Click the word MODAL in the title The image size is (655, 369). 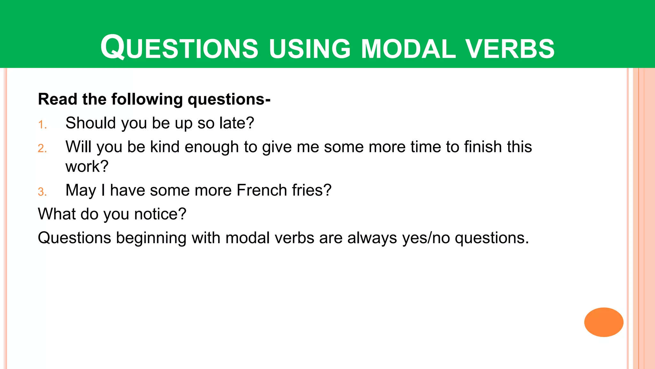tap(408, 49)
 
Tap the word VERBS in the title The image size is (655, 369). tap(510, 49)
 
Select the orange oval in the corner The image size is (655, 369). tap(604, 322)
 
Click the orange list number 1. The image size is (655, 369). tap(42, 125)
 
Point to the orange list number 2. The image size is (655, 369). tap(42, 148)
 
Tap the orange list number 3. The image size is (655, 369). tap(42, 192)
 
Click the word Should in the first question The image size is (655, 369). tap(91, 123)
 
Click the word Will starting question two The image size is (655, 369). tap(78, 147)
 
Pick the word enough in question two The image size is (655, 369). tap(211, 147)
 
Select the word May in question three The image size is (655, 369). tap(81, 191)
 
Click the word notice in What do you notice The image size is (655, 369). tap(156, 214)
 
